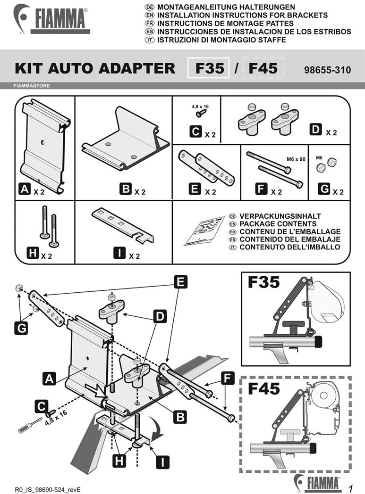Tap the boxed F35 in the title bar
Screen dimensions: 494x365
(210, 68)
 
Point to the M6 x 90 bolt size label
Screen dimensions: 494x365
(296, 159)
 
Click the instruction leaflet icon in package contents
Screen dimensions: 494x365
(204, 231)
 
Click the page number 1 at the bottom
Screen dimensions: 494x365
(351, 486)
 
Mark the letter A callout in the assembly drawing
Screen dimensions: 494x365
(49, 378)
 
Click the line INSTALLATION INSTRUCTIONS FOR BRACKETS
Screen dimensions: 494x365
(242, 15)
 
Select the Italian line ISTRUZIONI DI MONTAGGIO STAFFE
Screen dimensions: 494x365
(221, 40)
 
